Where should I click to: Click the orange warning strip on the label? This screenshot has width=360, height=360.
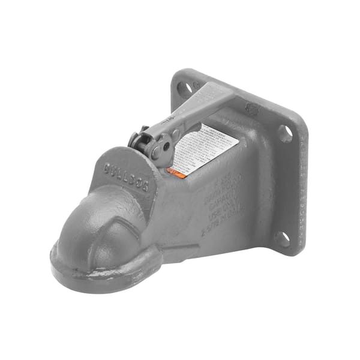click(x=175, y=172)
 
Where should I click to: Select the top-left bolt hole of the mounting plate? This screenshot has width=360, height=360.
click(x=184, y=88)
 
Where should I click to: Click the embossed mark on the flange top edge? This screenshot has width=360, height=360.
click(x=250, y=107)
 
